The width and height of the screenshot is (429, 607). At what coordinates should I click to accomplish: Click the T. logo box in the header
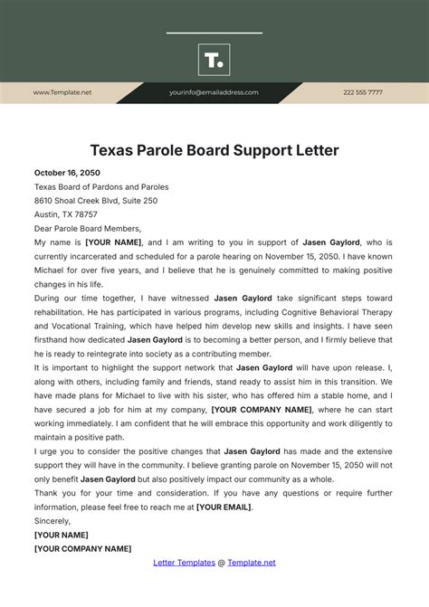(214, 60)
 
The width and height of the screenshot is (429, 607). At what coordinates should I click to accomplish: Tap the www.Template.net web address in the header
(62, 92)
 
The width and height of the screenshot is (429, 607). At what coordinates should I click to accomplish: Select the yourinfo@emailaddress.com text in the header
(214, 92)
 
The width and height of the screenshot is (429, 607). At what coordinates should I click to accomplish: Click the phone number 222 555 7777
(362, 92)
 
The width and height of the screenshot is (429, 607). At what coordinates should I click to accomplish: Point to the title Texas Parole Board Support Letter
(214, 149)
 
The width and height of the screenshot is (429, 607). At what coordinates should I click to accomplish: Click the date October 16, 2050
(67, 173)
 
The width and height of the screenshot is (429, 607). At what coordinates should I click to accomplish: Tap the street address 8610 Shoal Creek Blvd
(82, 201)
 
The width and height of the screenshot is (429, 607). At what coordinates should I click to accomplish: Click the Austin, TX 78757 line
(65, 215)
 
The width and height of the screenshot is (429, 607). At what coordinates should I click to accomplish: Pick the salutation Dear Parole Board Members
(87, 229)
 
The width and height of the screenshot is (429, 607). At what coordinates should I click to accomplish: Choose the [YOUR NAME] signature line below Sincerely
(62, 536)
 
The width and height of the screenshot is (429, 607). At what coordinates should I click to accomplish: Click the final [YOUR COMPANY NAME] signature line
(82, 549)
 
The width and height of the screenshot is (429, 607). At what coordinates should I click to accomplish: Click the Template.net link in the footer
(252, 563)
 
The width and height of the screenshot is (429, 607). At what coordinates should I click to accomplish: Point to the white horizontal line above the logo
(214, 33)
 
